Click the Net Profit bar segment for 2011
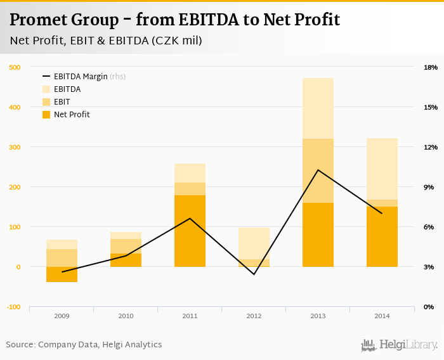(190, 231)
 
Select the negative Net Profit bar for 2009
(62, 274)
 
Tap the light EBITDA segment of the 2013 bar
(318, 108)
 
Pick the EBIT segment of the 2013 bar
(318, 170)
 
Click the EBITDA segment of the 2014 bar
(382, 169)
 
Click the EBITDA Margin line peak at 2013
(318, 170)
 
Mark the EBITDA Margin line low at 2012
(254, 274)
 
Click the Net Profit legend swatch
(47, 115)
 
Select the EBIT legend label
(62, 102)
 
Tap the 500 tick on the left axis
(15, 67)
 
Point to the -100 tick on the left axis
(13, 307)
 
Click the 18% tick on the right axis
(431, 67)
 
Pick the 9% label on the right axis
(429, 187)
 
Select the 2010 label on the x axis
(126, 315)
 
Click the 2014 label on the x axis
(382, 315)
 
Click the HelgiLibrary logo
(400, 345)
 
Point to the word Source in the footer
(20, 345)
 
